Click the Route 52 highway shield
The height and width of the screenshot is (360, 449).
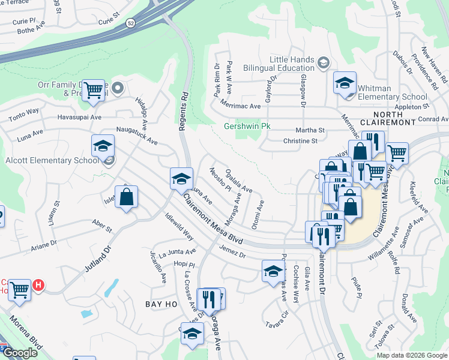click(130, 23)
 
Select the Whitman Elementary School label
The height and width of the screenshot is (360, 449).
click(392, 92)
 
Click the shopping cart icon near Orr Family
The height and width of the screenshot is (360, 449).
click(93, 91)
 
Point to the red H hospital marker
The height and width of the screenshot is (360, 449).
click(38, 284)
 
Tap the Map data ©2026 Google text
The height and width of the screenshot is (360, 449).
click(411, 355)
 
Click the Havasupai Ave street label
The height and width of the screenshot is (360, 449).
click(79, 117)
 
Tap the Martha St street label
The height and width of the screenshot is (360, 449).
click(310, 130)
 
